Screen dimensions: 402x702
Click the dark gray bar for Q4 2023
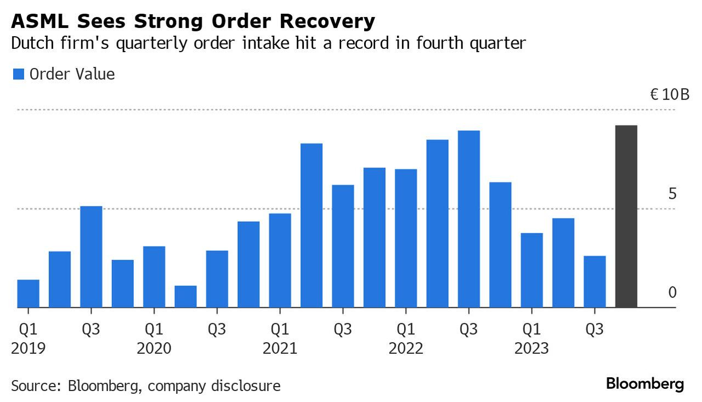click(x=626, y=216)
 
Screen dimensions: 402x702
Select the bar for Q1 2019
click(x=28, y=294)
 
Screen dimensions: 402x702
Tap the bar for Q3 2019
click(x=91, y=257)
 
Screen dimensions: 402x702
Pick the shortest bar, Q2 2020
click(x=185, y=297)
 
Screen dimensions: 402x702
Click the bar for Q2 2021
click(x=312, y=225)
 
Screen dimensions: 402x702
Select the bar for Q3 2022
click(x=469, y=219)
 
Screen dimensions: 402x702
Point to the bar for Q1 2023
click(x=532, y=270)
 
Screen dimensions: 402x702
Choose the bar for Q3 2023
click(x=595, y=282)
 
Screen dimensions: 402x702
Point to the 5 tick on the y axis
click(x=672, y=194)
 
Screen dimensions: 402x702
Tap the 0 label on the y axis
click(x=672, y=292)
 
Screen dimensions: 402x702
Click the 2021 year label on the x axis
click(x=280, y=348)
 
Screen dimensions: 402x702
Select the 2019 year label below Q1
click(x=28, y=348)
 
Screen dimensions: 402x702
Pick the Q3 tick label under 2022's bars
click(x=469, y=330)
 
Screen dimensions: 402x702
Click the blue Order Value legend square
click(x=19, y=75)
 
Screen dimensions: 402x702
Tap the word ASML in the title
click(x=36, y=21)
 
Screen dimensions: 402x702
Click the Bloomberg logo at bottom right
click(x=645, y=384)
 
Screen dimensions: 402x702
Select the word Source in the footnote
click(x=32, y=386)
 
